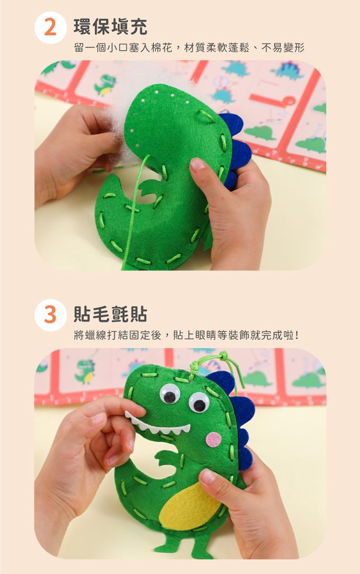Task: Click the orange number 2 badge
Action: pyautogui.click(x=50, y=28)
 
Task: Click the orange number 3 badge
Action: pyautogui.click(x=50, y=315)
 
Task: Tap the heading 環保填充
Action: pyautogui.click(x=111, y=26)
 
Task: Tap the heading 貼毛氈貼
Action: pyautogui.click(x=111, y=314)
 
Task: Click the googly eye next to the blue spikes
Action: pyautogui.click(x=199, y=402)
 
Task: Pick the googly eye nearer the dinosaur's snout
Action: pyautogui.click(x=170, y=394)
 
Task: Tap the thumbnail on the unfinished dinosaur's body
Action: pyautogui.click(x=197, y=165)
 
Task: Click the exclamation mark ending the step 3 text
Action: pyautogui.click(x=296, y=335)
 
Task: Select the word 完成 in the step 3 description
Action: pyautogui.click(x=272, y=335)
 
